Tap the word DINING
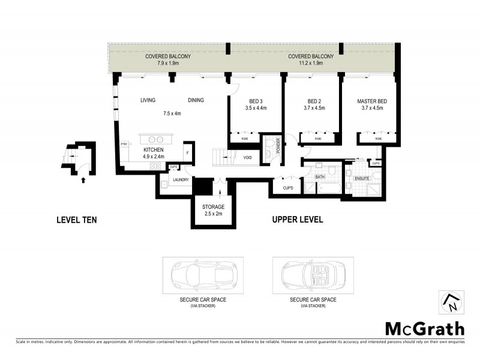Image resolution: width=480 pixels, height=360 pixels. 196,100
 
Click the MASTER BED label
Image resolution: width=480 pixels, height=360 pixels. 371,101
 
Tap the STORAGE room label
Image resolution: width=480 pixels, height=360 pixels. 213,207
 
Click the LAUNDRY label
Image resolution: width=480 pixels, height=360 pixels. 181,179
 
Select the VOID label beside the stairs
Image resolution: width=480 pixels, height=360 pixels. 247,158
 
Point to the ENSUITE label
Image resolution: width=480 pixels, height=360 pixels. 362,178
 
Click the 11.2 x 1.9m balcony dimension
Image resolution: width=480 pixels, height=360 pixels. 305,63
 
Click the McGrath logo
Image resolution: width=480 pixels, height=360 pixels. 424,328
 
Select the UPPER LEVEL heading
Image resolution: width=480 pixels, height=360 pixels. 298,220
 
